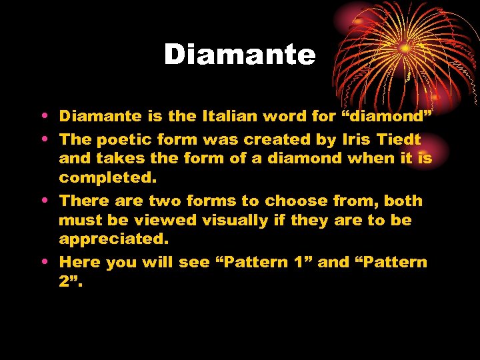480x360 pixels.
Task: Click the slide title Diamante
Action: [x=239, y=55]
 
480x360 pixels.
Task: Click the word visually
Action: [x=237, y=220]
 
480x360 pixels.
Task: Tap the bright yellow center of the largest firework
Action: [x=405, y=48]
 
